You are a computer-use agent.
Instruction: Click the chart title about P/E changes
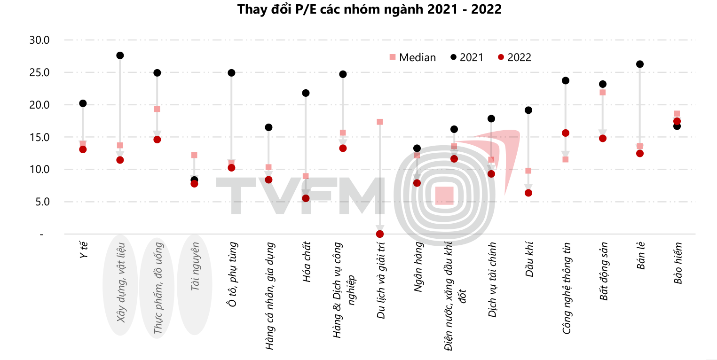(370, 9)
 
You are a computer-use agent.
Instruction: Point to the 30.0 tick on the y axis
(39, 40)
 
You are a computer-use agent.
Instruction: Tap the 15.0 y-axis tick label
(39, 137)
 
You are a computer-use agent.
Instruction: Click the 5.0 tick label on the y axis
(41, 202)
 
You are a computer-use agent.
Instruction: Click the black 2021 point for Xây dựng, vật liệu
(120, 55)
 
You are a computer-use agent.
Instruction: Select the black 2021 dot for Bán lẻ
(639, 64)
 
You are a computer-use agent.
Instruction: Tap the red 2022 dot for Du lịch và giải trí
(380, 234)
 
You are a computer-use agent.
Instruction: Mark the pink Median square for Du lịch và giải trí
(380, 122)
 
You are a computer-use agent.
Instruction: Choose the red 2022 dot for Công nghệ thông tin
(566, 133)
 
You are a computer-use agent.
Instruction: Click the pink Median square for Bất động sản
(603, 93)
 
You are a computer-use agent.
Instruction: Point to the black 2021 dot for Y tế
(83, 103)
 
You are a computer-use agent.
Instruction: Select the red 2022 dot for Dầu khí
(528, 193)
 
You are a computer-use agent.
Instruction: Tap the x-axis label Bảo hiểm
(678, 263)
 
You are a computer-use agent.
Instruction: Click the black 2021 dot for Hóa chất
(306, 93)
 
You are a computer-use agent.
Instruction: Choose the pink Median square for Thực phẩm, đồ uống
(157, 109)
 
